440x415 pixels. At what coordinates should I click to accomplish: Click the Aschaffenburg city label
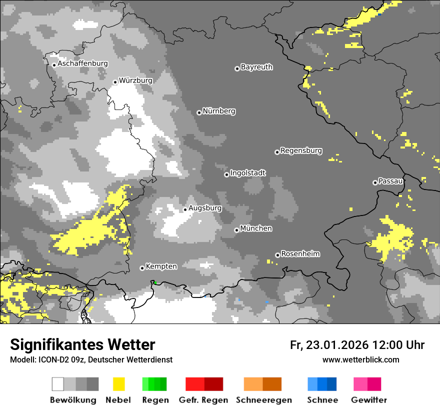[82, 63]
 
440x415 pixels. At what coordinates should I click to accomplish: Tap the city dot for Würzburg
[115, 82]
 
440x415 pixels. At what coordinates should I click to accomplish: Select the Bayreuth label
[256, 67]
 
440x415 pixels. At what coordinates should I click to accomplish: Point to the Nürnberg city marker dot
[199, 112]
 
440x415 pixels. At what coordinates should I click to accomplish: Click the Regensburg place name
[301, 150]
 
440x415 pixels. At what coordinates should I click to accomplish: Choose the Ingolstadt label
[248, 173]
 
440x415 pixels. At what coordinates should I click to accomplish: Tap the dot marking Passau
[375, 182]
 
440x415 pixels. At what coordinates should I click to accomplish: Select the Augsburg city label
[205, 208]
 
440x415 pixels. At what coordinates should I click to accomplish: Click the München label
[256, 228]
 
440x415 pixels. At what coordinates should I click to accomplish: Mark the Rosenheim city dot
[277, 255]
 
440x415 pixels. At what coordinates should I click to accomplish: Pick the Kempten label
[161, 266]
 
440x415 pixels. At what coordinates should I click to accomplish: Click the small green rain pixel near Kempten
[155, 283]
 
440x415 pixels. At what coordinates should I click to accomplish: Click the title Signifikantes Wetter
[82, 344]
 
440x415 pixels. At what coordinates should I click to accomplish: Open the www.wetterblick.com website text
[360, 359]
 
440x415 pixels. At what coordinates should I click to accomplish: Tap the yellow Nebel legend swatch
[118, 384]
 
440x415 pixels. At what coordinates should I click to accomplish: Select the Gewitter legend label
[368, 400]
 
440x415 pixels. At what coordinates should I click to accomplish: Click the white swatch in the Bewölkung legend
[58, 384]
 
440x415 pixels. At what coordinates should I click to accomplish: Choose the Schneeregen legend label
[263, 400]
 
